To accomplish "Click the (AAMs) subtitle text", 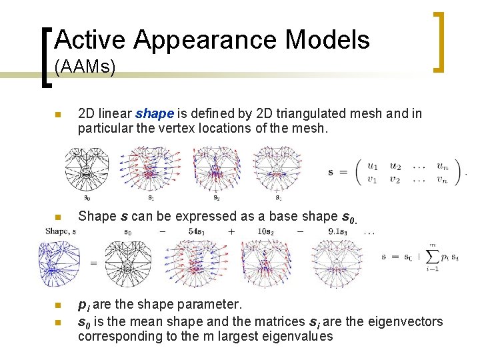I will point(85,67).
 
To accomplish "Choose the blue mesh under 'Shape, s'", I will point(59,263).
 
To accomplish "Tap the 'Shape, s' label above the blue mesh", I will point(61,231).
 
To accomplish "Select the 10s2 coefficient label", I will point(265,231).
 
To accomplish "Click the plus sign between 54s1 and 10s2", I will point(231,231).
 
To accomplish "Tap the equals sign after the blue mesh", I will point(93,263).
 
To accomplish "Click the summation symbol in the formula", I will point(432,257).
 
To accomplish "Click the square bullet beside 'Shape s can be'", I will point(58,217).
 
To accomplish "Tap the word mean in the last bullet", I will point(155,322).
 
